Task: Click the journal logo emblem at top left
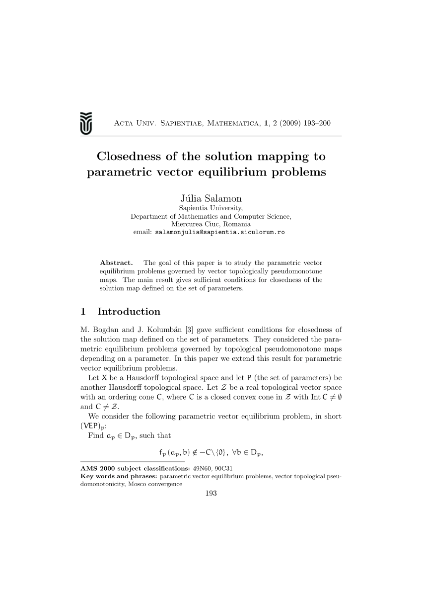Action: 86,122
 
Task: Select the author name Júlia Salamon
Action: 211,198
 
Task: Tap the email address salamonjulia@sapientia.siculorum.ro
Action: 220,232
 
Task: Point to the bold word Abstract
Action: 116,262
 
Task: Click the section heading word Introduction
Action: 129,312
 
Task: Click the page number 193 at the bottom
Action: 211,493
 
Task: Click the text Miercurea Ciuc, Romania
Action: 211,224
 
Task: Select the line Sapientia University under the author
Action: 211,208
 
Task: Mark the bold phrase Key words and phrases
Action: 116,476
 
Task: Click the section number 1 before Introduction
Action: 83,312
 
